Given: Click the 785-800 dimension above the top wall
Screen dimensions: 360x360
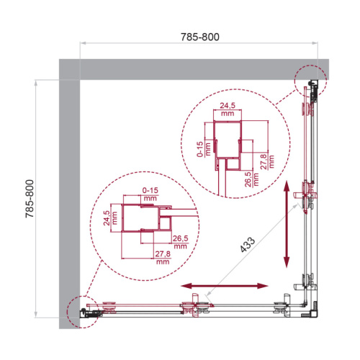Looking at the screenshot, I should (199, 36).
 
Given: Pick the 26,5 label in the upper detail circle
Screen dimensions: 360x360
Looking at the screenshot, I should (248, 177).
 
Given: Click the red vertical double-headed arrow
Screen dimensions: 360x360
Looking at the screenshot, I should (287, 224).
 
